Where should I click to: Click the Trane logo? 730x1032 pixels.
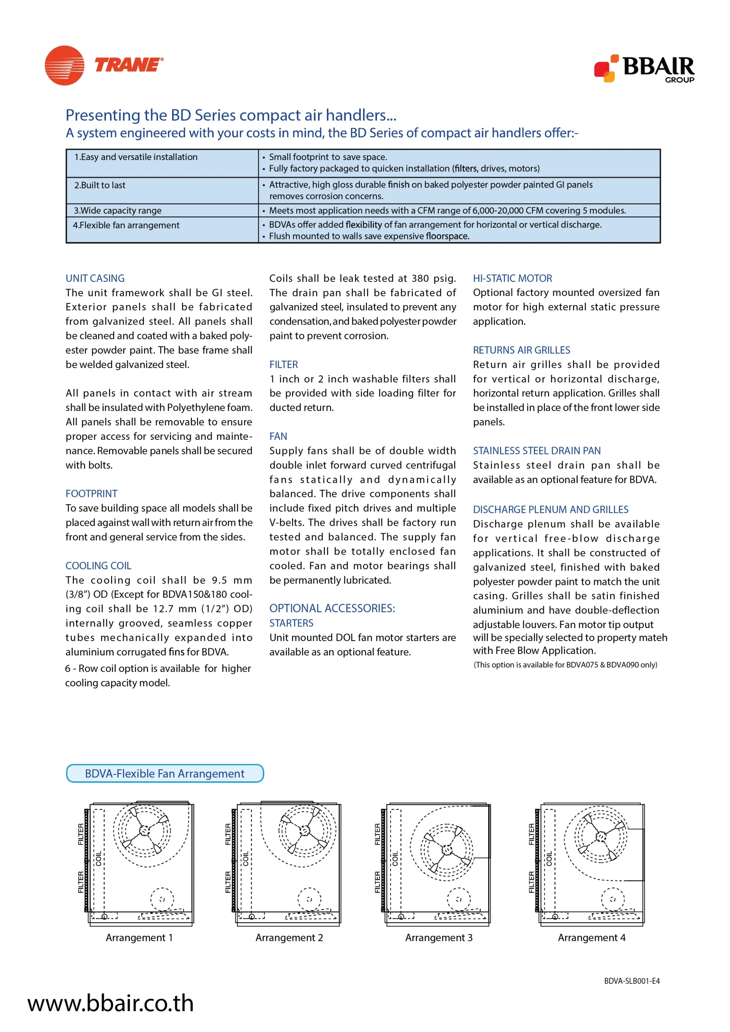(104, 65)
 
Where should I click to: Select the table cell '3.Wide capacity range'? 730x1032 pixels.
(118, 210)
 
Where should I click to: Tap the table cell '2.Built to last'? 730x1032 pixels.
(100, 185)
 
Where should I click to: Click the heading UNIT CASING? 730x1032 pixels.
(95, 278)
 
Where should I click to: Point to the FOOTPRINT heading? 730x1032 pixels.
(92, 493)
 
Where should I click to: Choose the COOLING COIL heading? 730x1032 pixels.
(98, 566)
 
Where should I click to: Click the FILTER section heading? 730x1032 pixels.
(284, 364)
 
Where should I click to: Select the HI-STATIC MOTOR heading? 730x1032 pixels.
(512, 278)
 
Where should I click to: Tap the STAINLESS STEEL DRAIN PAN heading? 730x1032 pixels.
(537, 451)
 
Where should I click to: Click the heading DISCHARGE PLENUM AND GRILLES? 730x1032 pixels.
(551, 509)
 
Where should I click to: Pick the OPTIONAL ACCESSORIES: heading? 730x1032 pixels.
(332, 608)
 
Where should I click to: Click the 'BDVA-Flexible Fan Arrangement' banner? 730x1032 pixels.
(165, 774)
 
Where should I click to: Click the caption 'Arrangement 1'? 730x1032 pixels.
(139, 938)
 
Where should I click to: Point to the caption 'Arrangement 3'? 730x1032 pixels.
(439, 938)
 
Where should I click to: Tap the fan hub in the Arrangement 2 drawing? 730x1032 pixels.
(305, 830)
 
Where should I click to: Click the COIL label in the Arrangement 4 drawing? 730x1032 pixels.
(549, 859)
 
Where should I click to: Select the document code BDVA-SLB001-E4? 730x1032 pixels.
(632, 981)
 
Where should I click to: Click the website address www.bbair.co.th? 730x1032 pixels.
(110, 1003)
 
